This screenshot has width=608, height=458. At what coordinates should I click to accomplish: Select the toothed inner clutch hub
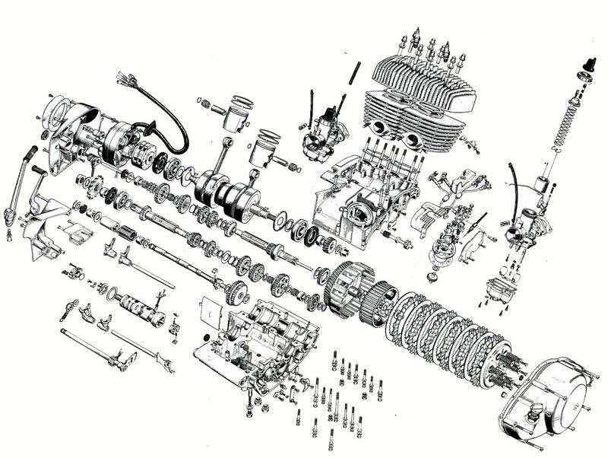(x=381, y=300)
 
